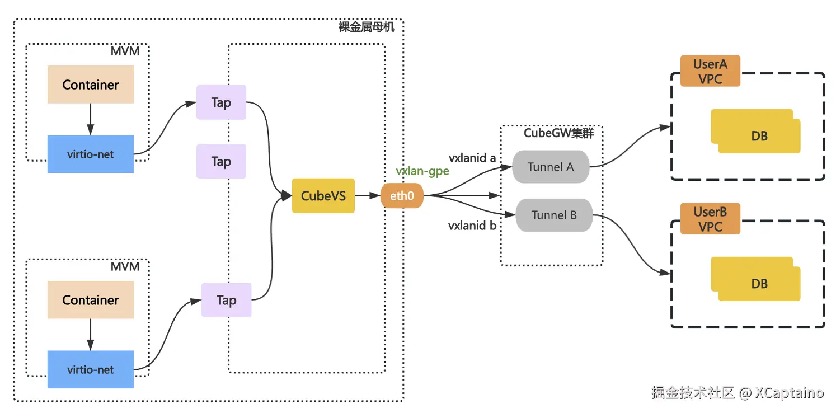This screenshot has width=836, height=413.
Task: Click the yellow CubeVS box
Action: pyautogui.click(x=323, y=195)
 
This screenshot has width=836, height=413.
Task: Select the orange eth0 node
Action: pyautogui.click(x=402, y=195)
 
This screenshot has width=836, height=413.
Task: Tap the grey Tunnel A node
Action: pyautogui.click(x=551, y=167)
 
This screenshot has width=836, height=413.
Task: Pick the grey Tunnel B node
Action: pyautogui.click(x=554, y=215)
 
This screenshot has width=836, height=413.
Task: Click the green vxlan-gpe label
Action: pyautogui.click(x=422, y=171)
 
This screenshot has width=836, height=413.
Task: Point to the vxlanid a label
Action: pyautogui.click(x=472, y=158)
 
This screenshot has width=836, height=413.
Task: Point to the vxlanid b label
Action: pyautogui.click(x=472, y=226)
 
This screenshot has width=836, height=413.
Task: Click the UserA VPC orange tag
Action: pyautogui.click(x=710, y=71)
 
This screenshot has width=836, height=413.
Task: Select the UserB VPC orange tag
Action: pyautogui.click(x=710, y=219)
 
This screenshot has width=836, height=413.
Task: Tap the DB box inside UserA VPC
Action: pyautogui.click(x=756, y=132)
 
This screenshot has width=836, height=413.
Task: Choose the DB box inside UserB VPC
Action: pyautogui.click(x=756, y=279)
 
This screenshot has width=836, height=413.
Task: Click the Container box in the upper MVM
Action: pyautogui.click(x=91, y=85)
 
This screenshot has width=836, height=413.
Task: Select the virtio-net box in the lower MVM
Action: pyautogui.click(x=91, y=369)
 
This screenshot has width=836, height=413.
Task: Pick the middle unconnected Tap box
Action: pyautogui.click(x=222, y=161)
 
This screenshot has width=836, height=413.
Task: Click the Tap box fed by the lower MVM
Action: pyautogui.click(x=227, y=300)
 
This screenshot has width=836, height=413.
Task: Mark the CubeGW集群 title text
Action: pyautogui.click(x=558, y=133)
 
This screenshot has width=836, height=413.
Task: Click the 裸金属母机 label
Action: pyautogui.click(x=367, y=27)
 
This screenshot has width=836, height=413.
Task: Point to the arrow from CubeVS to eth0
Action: pyautogui.click(x=368, y=195)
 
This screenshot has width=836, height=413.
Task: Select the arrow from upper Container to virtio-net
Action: pyautogui.click(x=90, y=119)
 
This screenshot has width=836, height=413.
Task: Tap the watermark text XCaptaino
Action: pyautogui.click(x=790, y=393)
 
